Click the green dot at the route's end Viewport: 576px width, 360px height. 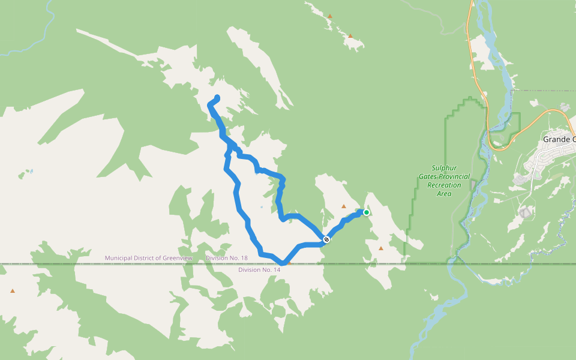(367, 212)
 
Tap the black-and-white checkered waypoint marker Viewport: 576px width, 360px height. (326, 239)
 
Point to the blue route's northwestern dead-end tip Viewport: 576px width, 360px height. (217, 97)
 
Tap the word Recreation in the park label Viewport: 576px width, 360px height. (444, 185)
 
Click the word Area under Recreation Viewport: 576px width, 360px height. (444, 194)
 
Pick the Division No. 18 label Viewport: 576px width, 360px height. (226, 258)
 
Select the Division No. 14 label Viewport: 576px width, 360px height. (259, 270)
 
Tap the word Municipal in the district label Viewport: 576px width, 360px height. (118, 258)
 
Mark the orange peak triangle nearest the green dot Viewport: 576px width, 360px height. (344, 206)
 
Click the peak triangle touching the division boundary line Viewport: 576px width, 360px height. (289, 262)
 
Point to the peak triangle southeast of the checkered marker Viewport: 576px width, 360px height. (380, 248)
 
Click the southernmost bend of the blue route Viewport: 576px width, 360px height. (282, 262)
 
